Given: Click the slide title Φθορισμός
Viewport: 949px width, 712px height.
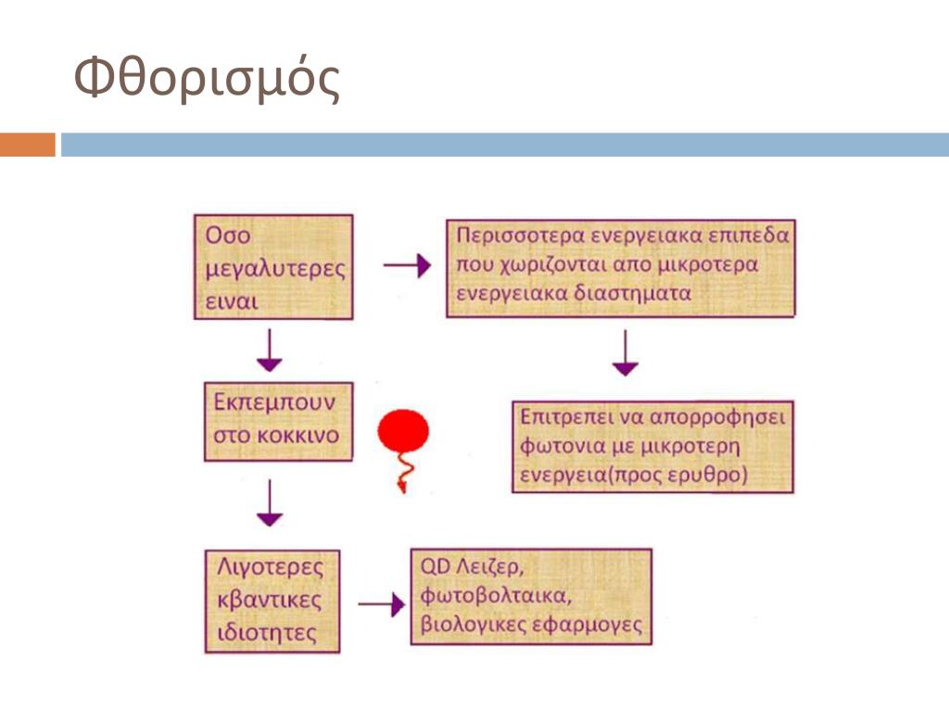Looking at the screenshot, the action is (207, 80).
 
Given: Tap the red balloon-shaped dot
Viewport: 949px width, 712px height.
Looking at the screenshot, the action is (403, 433).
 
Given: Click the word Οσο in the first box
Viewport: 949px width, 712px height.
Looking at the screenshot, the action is (228, 236).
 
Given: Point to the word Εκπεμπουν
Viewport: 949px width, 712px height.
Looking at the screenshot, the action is (270, 403).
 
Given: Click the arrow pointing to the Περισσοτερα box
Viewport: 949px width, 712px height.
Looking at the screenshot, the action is (407, 266).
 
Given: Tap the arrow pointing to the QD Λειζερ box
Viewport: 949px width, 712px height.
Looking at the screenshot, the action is (381, 604).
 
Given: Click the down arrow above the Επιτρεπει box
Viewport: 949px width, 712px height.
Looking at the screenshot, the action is (626, 353).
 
